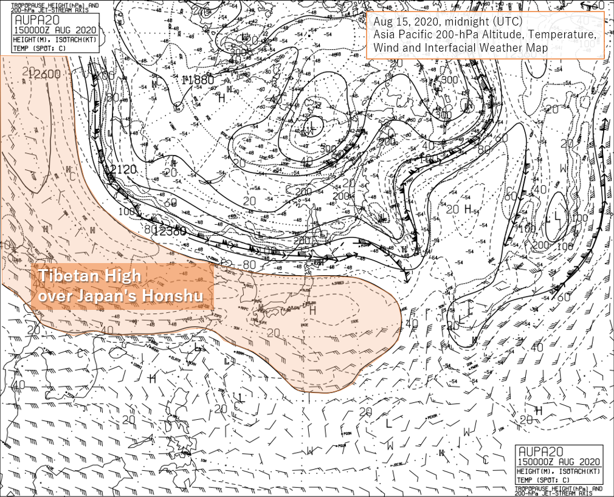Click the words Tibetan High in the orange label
click(x=90, y=276)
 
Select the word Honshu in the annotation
click(x=180, y=296)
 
